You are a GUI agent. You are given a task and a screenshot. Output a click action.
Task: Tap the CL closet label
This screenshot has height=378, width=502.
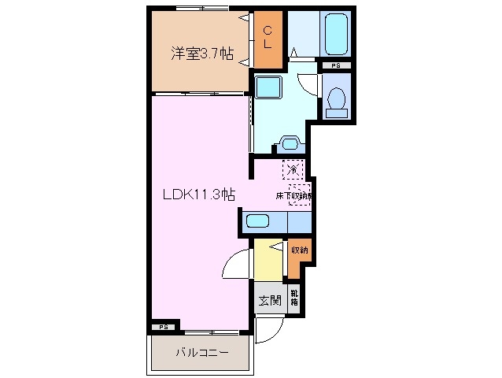click(268, 38)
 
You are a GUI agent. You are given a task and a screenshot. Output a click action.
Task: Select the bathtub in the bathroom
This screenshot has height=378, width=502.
click(336, 32)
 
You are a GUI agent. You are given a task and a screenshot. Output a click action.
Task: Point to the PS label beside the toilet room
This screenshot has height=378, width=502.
click(336, 66)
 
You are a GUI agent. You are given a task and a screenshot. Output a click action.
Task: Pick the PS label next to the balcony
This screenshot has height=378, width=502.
click(163, 326)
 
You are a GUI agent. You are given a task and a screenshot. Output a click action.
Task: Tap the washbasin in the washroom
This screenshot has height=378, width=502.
click(288, 143)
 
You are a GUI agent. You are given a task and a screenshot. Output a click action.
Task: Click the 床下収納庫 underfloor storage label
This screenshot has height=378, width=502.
click(294, 195)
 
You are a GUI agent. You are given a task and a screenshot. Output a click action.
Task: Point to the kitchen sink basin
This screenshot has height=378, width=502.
click(258, 221)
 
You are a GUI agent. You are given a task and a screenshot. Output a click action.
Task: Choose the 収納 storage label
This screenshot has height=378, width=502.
click(299, 250)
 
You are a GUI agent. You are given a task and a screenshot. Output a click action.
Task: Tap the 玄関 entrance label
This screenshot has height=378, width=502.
click(268, 300)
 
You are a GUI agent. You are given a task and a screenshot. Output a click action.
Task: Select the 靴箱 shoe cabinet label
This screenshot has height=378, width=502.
click(294, 299)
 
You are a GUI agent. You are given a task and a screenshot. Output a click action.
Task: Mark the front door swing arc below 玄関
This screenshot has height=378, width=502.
click(264, 332)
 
